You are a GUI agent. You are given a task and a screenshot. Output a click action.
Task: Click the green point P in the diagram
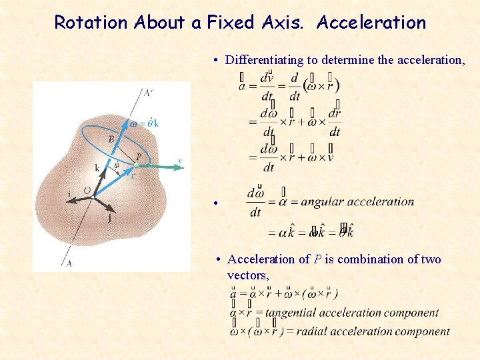(x=137, y=165)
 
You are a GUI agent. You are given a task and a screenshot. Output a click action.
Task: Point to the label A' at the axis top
(x=148, y=92)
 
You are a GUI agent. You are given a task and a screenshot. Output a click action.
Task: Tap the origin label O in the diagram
(x=87, y=190)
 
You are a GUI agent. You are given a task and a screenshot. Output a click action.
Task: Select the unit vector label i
(x=69, y=194)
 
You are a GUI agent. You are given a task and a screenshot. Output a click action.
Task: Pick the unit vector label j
(x=109, y=217)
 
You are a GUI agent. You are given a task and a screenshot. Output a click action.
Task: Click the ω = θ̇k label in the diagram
(x=145, y=123)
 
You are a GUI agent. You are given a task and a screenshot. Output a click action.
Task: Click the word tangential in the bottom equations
(x=290, y=313)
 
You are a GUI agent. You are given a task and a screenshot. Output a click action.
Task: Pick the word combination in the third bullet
(x=363, y=259)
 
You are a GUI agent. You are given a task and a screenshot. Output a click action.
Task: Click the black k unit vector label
(x=97, y=169)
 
